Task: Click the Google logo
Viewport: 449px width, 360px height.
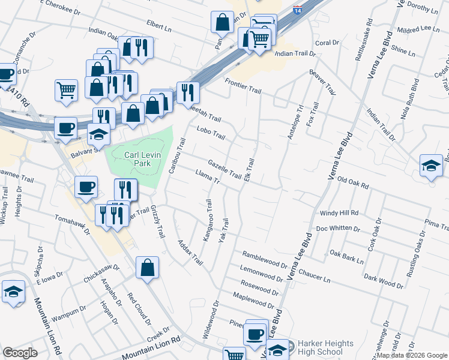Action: (x=20, y=353)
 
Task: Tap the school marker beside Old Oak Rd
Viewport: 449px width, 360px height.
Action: (x=431, y=166)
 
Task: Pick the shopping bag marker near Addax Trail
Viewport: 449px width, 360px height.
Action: (x=147, y=268)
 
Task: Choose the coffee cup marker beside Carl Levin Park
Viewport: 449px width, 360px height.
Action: (x=86, y=187)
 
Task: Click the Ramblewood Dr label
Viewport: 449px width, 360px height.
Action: (x=266, y=259)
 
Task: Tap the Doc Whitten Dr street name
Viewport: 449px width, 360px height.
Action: (x=337, y=229)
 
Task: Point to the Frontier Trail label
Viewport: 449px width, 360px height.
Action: (x=243, y=85)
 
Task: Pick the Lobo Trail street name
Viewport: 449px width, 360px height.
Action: (x=210, y=133)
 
